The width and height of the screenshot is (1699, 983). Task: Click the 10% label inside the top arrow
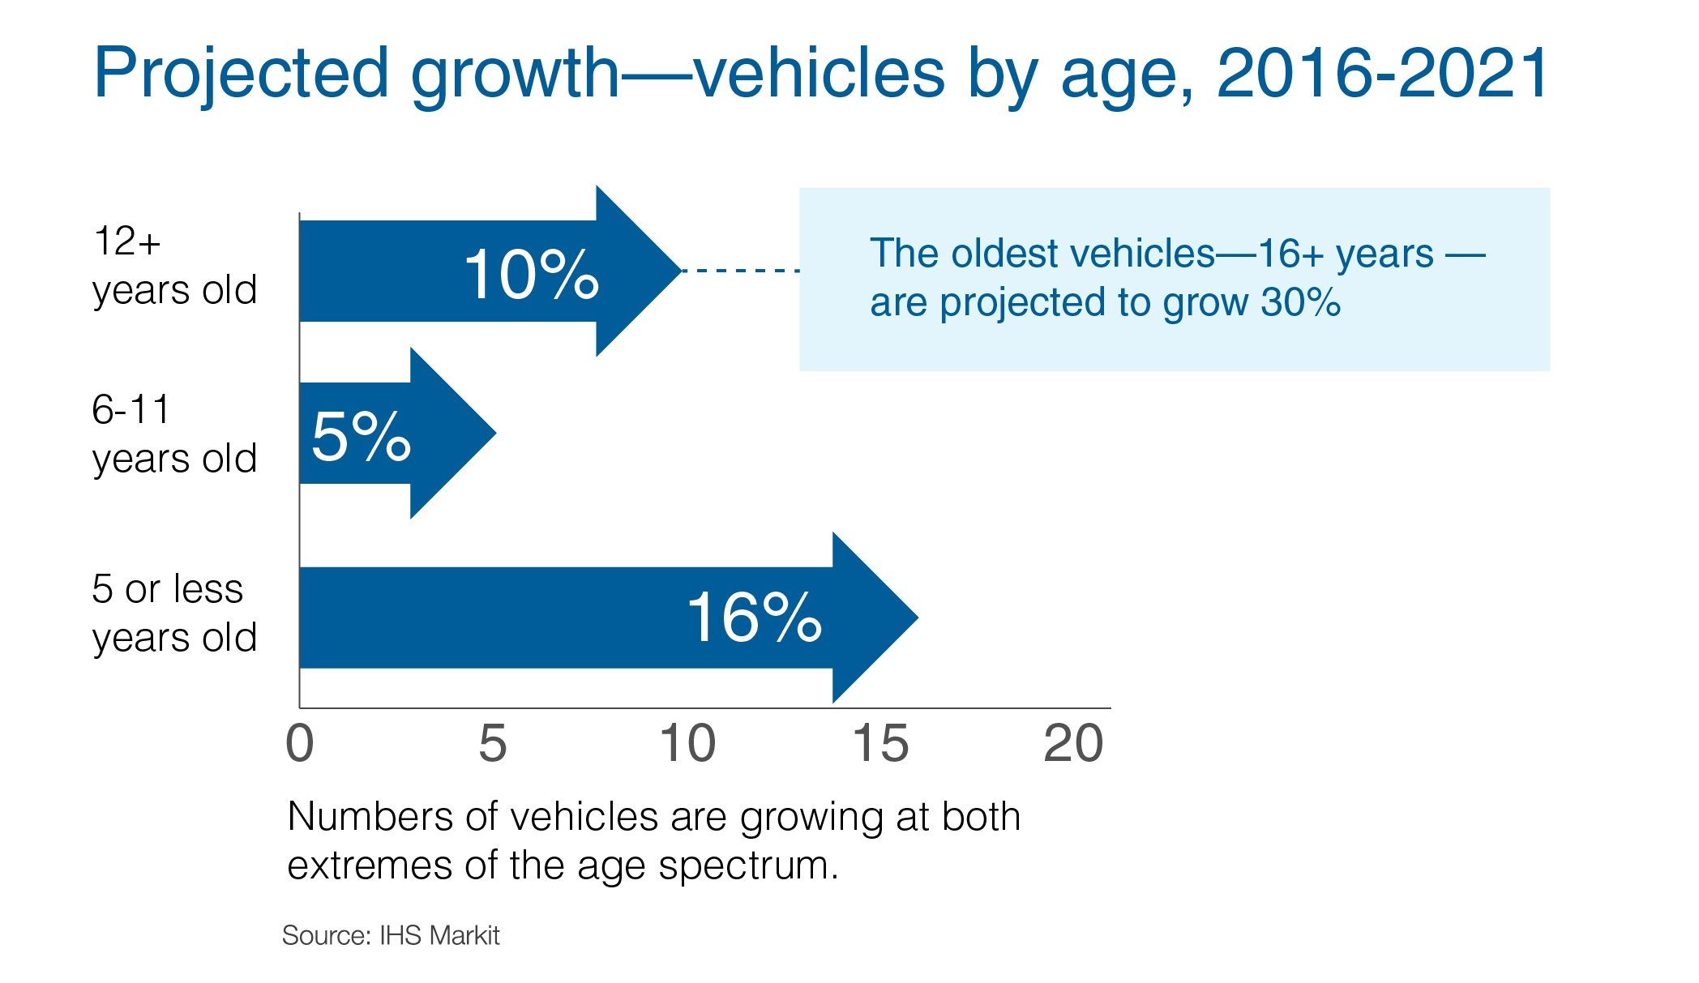click(x=531, y=275)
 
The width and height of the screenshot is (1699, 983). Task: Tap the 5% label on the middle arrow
click(x=361, y=437)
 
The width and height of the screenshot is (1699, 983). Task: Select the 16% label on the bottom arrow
click(x=754, y=618)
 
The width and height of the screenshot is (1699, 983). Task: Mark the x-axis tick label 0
click(x=299, y=743)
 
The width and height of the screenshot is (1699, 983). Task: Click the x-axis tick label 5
click(x=492, y=743)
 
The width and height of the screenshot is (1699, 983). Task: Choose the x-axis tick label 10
click(x=687, y=743)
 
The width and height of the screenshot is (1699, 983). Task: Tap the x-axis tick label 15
click(x=880, y=743)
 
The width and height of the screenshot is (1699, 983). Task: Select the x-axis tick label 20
click(x=1073, y=743)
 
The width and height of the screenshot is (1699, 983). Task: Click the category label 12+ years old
click(x=173, y=266)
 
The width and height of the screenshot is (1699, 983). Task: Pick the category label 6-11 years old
click(x=173, y=434)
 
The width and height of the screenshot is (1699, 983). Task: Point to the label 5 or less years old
click(x=173, y=613)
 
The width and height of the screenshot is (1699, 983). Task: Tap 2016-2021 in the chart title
click(x=1382, y=73)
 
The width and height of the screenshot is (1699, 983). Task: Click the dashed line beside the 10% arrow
click(x=740, y=271)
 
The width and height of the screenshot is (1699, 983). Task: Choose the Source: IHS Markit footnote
click(x=390, y=935)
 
